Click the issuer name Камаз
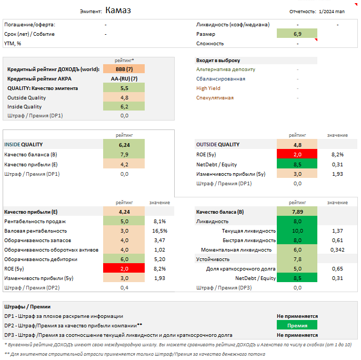[x=118, y=10]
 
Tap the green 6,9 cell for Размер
[x=297, y=34]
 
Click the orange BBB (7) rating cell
[x=124, y=69]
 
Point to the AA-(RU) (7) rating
[x=124, y=79]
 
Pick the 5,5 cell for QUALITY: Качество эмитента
[x=124, y=88]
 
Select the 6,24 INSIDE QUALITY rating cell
[x=124, y=145]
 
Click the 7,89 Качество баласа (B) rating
[x=297, y=212]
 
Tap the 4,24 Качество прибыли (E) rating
[x=124, y=212]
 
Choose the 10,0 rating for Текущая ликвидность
[x=297, y=231]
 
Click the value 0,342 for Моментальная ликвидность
[x=337, y=249]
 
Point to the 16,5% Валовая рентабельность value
[x=160, y=231]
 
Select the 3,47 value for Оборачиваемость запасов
[x=160, y=241]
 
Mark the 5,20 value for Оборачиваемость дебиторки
[x=160, y=259]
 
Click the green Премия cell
[x=297, y=326]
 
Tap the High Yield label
[x=208, y=88]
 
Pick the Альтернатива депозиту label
[x=226, y=69]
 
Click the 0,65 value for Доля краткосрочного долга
[x=337, y=269]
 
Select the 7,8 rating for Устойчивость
[x=297, y=259]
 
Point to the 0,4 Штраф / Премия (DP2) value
[x=124, y=288]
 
